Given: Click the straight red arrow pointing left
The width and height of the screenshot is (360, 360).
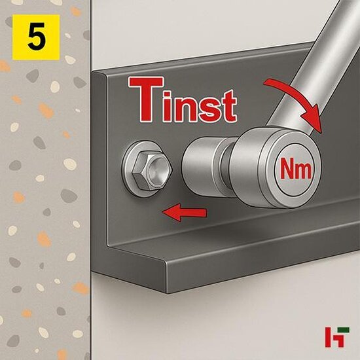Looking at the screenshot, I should [x=185, y=211].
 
